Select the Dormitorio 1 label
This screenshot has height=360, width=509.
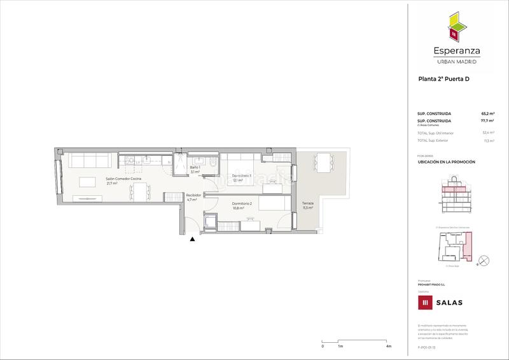click(242, 176)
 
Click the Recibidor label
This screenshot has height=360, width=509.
click(193, 196)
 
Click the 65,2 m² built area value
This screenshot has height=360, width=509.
click(488, 114)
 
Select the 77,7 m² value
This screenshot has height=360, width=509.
click(488, 121)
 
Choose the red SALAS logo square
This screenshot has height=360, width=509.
click(422, 302)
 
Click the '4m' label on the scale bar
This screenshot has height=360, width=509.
click(388, 346)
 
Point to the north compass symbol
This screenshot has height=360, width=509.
click(483, 259)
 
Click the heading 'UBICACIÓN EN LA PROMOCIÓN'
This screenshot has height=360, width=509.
click(446, 162)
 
